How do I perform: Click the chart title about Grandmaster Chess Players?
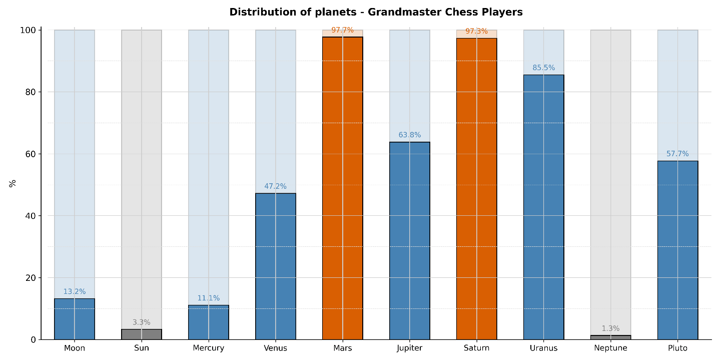coord(376,12)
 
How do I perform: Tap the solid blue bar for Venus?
coord(275,266)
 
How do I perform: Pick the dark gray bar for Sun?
coord(142,334)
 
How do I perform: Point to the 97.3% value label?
coord(476,32)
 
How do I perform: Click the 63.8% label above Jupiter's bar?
coord(409,135)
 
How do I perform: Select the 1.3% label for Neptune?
coord(610,329)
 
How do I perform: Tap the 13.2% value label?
coord(75,292)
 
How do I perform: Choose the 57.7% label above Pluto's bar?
coord(677,154)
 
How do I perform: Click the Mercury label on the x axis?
coord(208,348)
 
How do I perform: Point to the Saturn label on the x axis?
coord(476,348)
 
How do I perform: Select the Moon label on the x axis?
coord(75,348)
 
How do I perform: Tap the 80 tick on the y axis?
coord(31,92)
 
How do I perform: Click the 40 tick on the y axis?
coord(31,216)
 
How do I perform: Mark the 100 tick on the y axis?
coord(29,31)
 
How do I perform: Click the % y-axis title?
coord(13,183)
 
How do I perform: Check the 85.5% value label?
coord(543,68)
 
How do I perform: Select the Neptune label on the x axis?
coord(610,348)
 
